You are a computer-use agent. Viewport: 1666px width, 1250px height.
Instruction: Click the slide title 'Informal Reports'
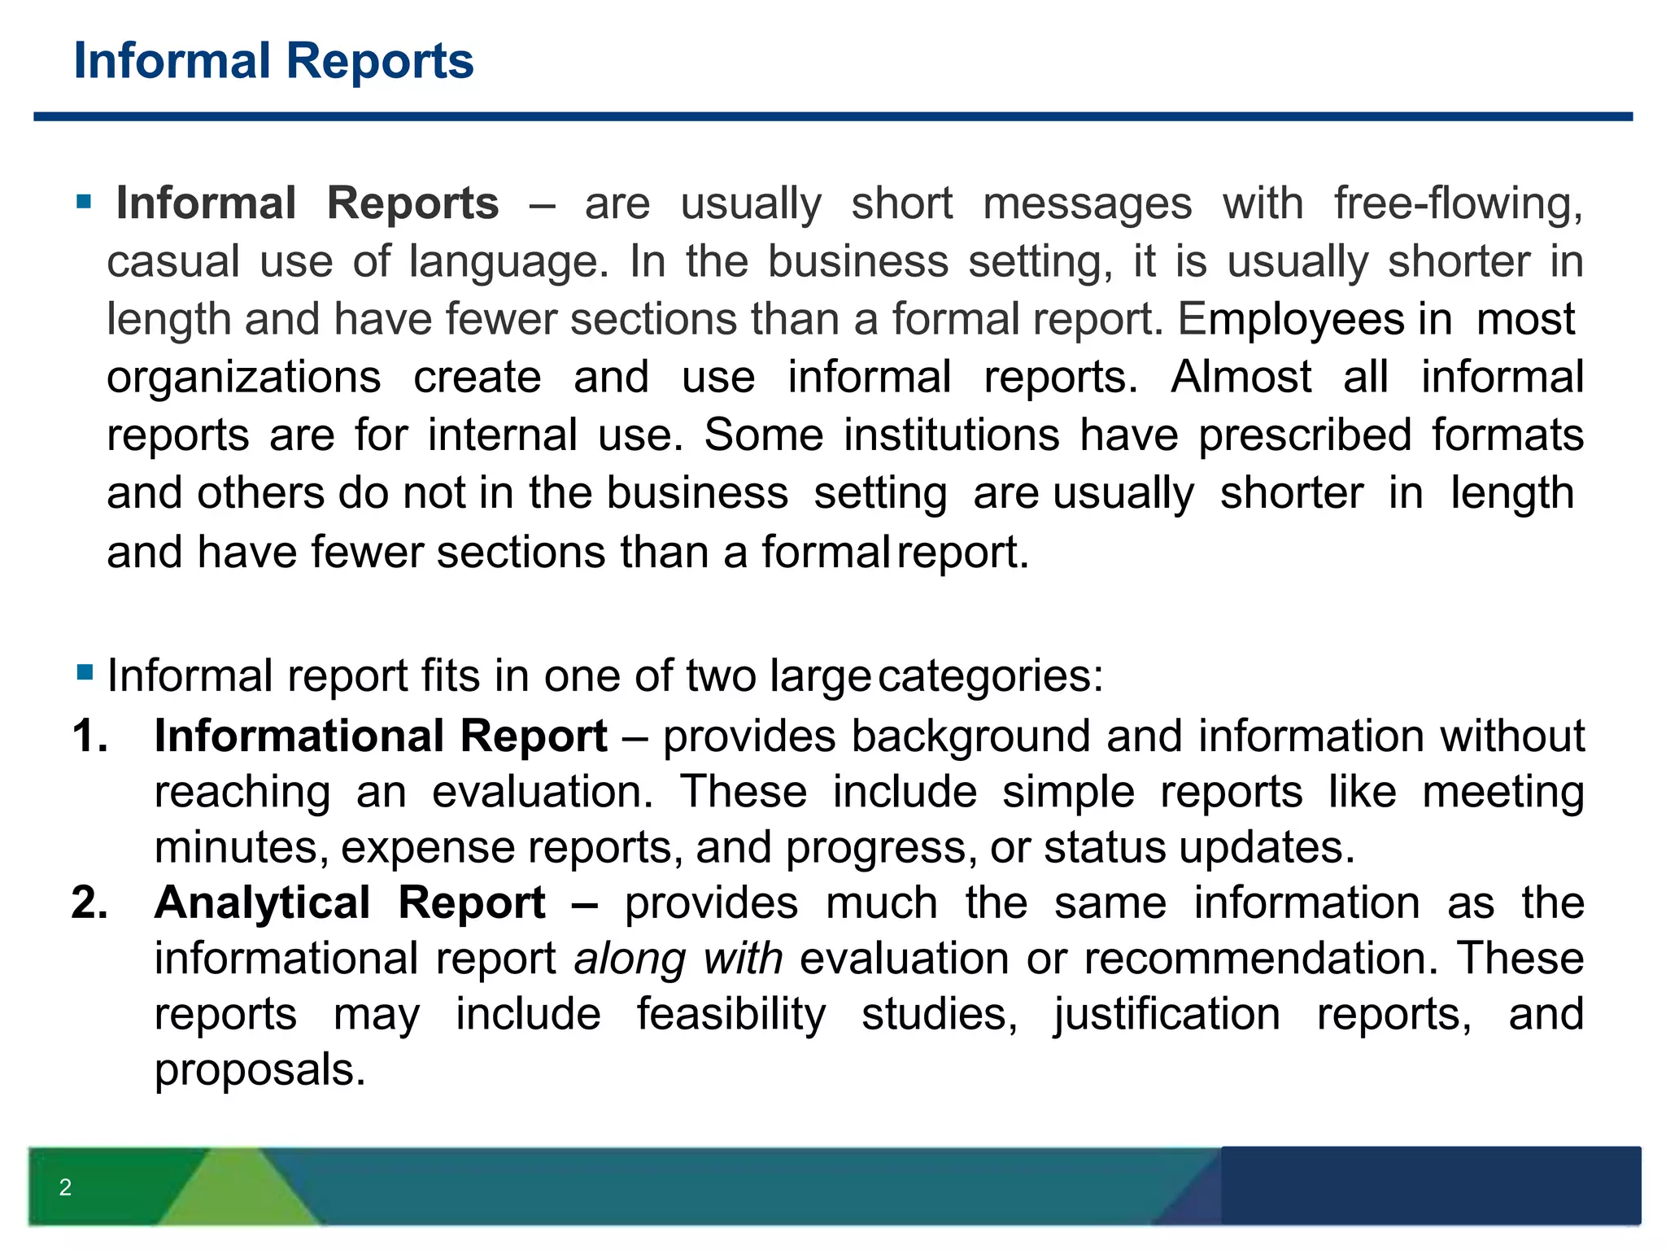click(x=273, y=61)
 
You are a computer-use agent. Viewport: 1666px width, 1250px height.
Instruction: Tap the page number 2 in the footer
click(x=65, y=1187)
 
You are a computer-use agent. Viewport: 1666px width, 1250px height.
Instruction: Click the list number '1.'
click(x=90, y=736)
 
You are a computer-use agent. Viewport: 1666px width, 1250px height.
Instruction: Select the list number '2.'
click(x=90, y=903)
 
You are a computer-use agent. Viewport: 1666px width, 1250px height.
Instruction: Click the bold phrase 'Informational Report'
click(x=381, y=736)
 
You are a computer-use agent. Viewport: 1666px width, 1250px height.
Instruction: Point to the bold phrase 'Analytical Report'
click(x=350, y=903)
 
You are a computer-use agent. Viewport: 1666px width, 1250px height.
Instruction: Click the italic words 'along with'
click(x=678, y=958)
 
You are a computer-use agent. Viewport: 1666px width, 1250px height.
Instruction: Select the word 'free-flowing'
click(x=1459, y=203)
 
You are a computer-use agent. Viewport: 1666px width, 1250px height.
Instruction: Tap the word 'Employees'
click(x=1291, y=319)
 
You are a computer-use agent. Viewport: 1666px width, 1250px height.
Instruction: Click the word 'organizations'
click(x=244, y=377)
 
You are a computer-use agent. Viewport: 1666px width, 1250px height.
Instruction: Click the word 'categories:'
click(x=991, y=676)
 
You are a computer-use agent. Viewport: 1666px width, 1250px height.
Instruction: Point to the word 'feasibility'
click(x=731, y=1014)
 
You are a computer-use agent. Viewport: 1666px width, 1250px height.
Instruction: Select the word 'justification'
click(x=1167, y=1014)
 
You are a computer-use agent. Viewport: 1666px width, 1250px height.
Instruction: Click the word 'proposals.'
click(x=260, y=1069)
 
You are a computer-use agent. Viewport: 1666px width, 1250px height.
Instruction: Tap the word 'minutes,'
click(x=242, y=847)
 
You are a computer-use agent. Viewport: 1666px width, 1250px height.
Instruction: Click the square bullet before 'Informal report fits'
click(x=85, y=673)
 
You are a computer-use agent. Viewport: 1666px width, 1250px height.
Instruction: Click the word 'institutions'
click(x=951, y=435)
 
